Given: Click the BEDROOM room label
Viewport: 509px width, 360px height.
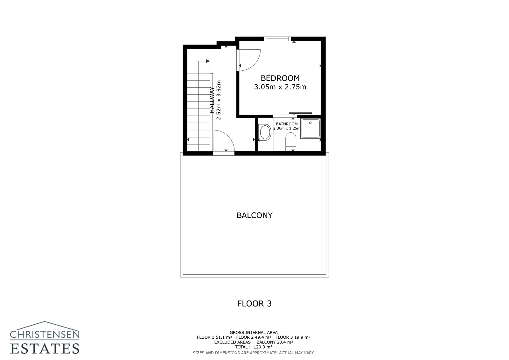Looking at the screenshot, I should [x=280, y=78].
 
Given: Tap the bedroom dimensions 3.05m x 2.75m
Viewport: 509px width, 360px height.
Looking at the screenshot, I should [x=280, y=87].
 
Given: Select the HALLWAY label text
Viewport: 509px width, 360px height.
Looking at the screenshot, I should [x=212, y=100].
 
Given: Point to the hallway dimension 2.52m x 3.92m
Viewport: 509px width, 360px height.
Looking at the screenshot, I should [x=219, y=100].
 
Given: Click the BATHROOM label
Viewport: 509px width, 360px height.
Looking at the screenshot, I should [x=287, y=124].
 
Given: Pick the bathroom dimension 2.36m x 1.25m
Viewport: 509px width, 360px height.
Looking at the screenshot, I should [x=287, y=128].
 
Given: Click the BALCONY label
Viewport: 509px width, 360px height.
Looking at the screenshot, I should [x=254, y=215].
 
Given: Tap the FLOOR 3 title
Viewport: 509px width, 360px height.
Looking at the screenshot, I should [x=254, y=303].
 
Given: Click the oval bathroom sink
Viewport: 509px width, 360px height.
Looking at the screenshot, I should [x=265, y=132].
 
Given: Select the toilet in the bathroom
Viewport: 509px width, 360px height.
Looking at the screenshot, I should [x=291, y=141].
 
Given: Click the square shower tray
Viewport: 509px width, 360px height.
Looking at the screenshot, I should [x=310, y=128].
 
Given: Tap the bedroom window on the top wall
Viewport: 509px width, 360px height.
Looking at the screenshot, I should [x=277, y=39].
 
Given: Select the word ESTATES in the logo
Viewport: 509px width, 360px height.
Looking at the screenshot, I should [x=45, y=348].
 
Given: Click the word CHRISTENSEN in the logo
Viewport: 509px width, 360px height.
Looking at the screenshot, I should [x=45, y=334].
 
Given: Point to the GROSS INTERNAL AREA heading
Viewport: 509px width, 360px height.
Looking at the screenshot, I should [x=254, y=332].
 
